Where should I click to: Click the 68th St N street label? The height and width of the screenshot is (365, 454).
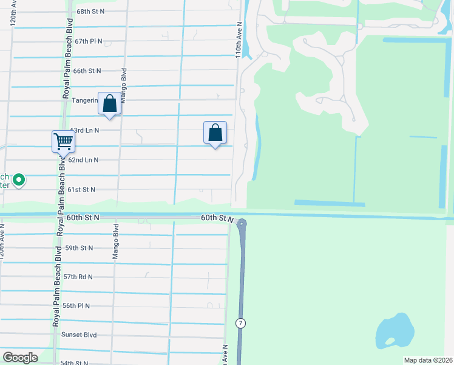[91, 12]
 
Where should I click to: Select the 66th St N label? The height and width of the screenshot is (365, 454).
[87, 71]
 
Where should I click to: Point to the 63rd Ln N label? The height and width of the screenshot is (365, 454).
[84, 130]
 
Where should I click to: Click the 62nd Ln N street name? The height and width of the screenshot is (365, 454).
[83, 160]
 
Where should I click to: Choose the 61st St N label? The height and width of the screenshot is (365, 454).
[81, 190]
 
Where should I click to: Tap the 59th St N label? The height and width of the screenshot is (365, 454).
[79, 248]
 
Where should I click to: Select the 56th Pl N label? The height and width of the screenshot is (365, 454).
[76, 306]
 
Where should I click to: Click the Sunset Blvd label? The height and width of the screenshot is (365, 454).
[79, 335]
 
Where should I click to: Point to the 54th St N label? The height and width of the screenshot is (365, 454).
[75, 363]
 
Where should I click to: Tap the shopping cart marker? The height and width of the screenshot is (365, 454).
[63, 142]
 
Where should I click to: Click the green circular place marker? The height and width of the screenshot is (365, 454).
[19, 179]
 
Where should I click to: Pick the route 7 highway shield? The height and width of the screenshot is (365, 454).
[241, 323]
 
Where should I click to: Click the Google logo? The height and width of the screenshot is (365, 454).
[20, 357]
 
